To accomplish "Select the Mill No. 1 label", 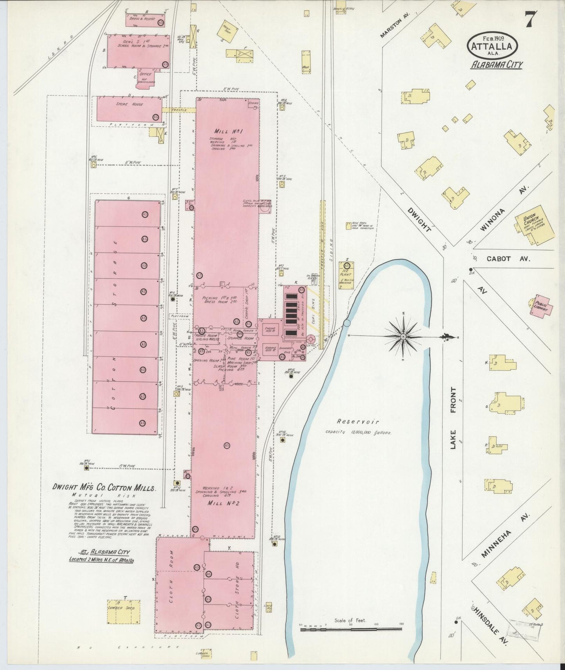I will tap(228, 131).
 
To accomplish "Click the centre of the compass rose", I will tap(403, 336).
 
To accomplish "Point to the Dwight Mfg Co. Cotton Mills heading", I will tap(104, 487).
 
